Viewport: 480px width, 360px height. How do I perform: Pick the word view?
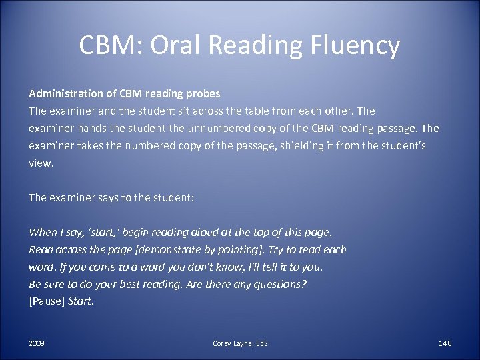[39, 161]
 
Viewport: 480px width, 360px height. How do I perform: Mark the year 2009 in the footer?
[37, 343]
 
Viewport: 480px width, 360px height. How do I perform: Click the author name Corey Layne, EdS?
[240, 343]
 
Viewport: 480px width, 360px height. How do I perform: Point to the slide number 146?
[445, 343]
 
